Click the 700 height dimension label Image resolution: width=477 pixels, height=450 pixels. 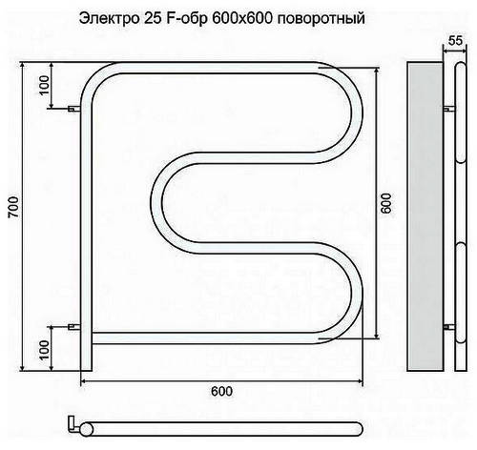[x=13, y=207]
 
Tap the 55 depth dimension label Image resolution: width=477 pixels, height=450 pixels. [x=455, y=41]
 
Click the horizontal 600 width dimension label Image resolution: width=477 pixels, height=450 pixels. [x=221, y=392]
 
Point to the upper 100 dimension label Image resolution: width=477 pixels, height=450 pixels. [x=45, y=85]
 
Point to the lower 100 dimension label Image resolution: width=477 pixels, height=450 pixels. [x=45, y=350]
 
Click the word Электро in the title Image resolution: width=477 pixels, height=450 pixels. [x=109, y=18]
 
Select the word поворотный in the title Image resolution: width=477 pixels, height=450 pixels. [x=321, y=19]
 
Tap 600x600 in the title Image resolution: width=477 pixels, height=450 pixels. [x=242, y=18]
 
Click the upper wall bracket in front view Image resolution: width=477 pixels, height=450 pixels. [x=74, y=109]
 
